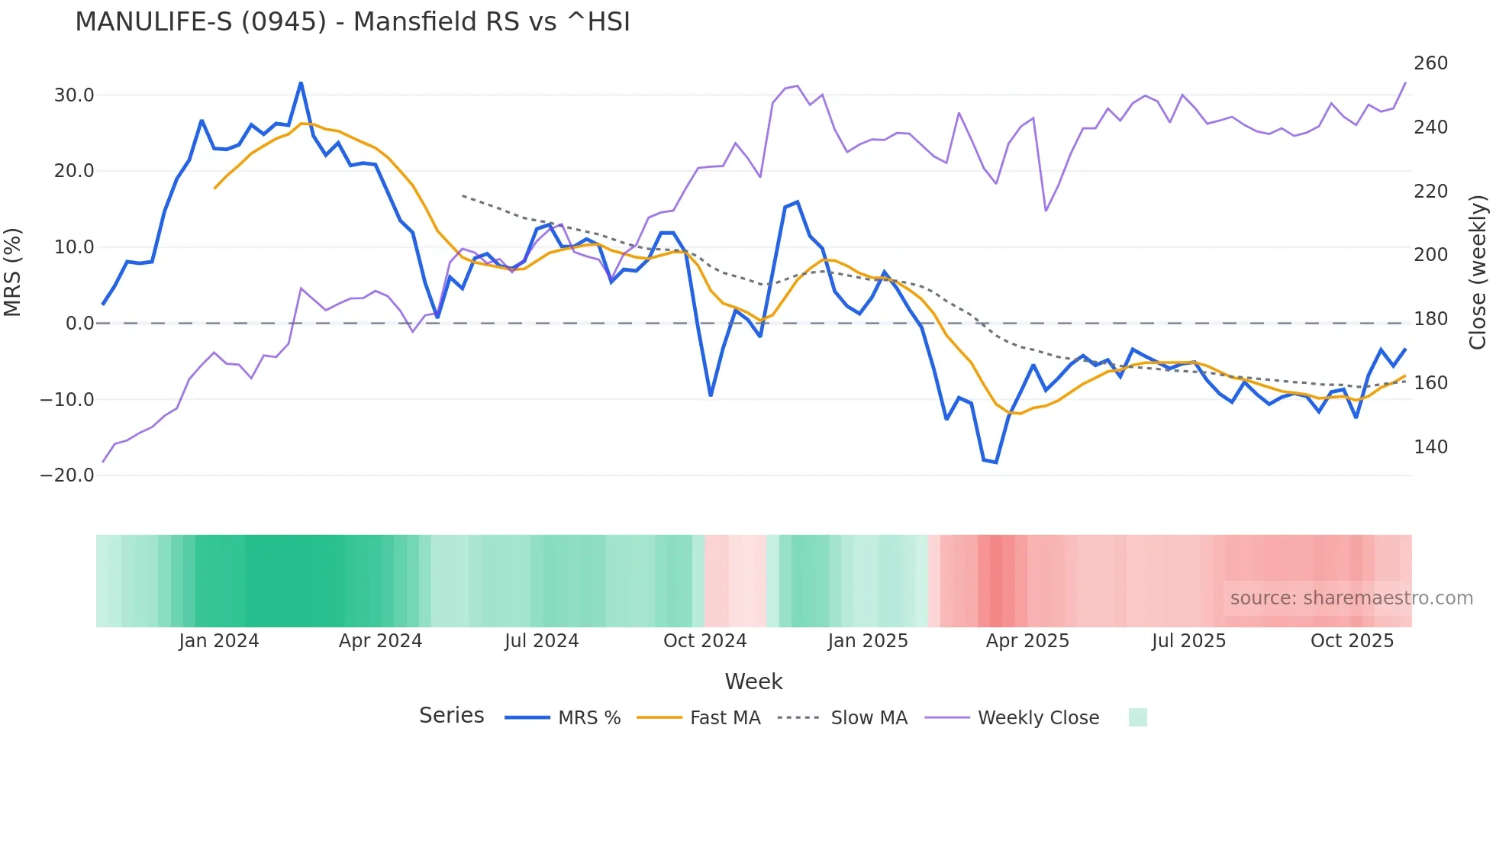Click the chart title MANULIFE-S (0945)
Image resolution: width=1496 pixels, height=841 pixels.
pyautogui.click(x=353, y=22)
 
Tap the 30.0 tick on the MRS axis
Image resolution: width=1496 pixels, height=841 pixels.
pyautogui.click(x=74, y=95)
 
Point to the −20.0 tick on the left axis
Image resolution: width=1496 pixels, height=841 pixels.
pyautogui.click(x=67, y=475)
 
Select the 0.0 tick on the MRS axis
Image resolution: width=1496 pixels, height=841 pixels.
pyautogui.click(x=80, y=324)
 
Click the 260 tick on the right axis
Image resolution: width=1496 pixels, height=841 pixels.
pyautogui.click(x=1430, y=63)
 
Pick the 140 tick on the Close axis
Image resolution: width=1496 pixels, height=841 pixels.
pyautogui.click(x=1430, y=447)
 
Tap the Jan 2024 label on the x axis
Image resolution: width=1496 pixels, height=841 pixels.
pyautogui.click(x=219, y=641)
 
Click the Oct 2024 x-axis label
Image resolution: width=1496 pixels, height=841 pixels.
pyautogui.click(x=704, y=641)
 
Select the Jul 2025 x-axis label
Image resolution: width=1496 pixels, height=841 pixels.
pyautogui.click(x=1188, y=641)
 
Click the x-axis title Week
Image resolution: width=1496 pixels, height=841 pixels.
pyautogui.click(x=753, y=681)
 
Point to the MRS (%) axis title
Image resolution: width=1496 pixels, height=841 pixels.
pyautogui.click(x=13, y=272)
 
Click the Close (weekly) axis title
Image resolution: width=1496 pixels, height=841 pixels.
pyautogui.click(x=1478, y=272)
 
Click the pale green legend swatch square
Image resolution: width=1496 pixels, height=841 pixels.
pyautogui.click(x=1137, y=717)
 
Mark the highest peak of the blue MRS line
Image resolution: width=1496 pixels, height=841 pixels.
pyautogui.click(x=301, y=83)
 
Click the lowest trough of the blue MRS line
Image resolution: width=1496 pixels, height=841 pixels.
pyautogui.click(x=995, y=462)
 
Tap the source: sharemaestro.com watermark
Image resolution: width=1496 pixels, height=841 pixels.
pyautogui.click(x=1351, y=598)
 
